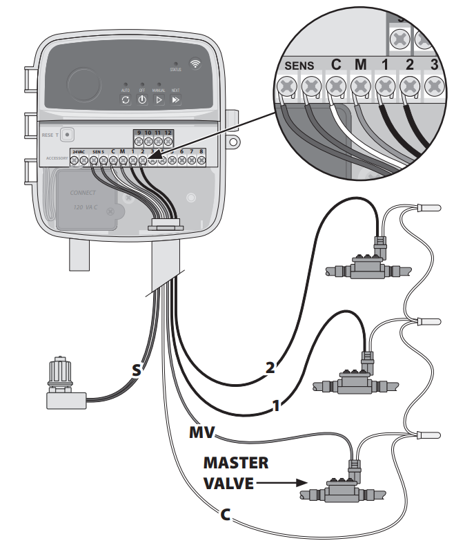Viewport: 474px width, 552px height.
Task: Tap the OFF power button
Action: coord(141,99)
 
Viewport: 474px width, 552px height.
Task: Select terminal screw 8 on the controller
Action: coord(201,160)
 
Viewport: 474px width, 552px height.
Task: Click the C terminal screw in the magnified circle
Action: coord(336,88)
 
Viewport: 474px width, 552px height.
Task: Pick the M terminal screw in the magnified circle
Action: coord(360,88)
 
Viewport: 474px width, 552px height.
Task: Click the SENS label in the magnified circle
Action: coord(299,66)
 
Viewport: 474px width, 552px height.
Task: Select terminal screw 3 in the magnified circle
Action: coord(433,87)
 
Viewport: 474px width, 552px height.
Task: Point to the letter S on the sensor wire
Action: coord(137,371)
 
